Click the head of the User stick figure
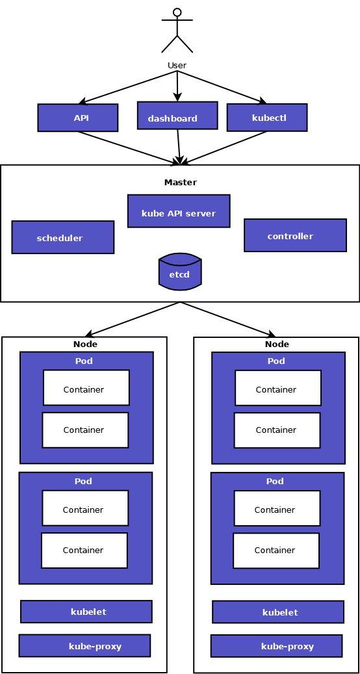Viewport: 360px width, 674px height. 177,12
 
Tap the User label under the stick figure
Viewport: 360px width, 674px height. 177,66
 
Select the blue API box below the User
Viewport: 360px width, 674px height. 78,118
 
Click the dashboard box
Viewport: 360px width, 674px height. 177,115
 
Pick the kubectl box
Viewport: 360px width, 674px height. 267,118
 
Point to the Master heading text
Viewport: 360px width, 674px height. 181,182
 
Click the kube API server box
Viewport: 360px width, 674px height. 179,211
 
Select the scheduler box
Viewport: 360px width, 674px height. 63,237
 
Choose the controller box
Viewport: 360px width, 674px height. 296,235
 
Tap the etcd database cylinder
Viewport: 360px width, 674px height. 180,271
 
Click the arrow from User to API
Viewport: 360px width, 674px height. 128,87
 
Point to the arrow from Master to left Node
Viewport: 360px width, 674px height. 133,319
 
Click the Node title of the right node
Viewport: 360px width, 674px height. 277,344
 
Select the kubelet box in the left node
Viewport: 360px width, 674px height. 86,612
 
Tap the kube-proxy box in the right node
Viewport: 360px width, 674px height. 277,646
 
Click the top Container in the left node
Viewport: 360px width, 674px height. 86,387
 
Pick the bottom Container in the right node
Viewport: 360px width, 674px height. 276,551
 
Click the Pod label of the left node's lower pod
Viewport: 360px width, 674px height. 83,481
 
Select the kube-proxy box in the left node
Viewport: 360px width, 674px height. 84,645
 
